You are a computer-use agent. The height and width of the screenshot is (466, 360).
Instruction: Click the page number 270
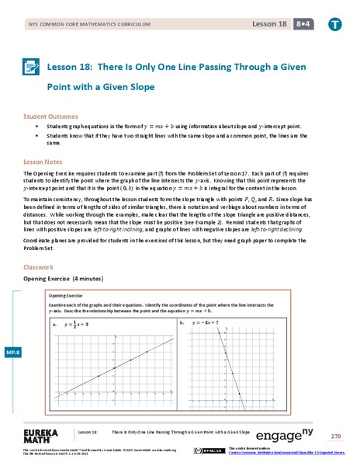click(335, 436)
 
